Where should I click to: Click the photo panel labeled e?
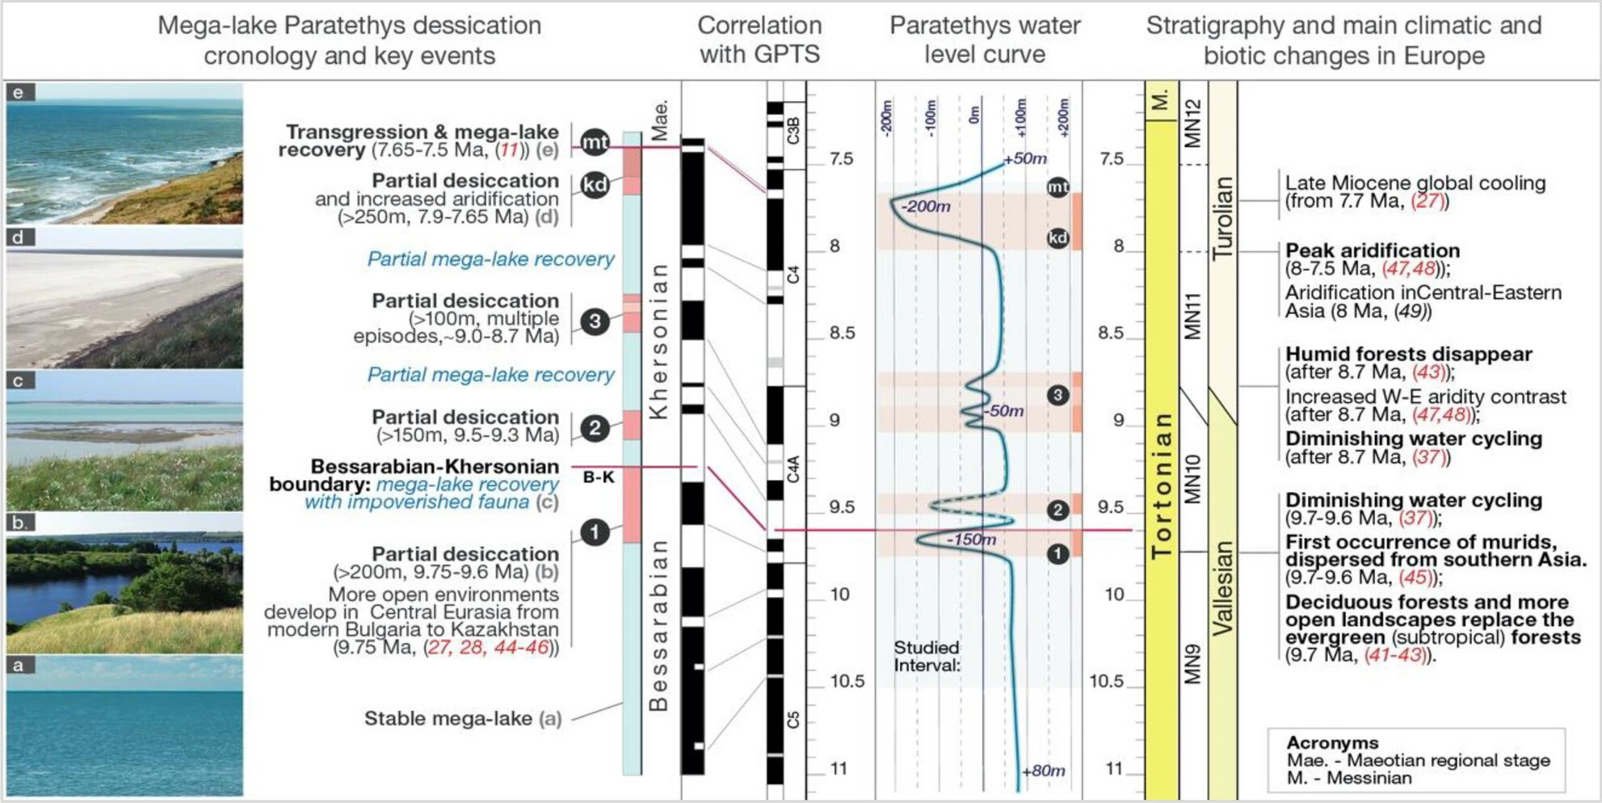[x=124, y=153]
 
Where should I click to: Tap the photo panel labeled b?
[x=124, y=582]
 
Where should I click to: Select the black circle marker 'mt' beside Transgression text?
[x=595, y=142]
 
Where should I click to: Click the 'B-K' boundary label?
[x=599, y=477]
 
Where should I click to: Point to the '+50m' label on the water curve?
[x=1025, y=158]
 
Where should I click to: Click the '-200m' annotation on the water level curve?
[x=926, y=207]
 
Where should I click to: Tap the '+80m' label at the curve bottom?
[x=1043, y=771]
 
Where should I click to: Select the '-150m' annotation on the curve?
[x=971, y=540]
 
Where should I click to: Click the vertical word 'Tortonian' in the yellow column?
[x=1162, y=485]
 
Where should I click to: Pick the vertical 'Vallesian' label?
[x=1222, y=588]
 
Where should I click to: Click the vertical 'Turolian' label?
[x=1222, y=217]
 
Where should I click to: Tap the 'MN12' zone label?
[x=1193, y=123]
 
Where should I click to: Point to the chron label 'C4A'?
[x=793, y=469]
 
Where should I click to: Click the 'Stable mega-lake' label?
[x=448, y=718]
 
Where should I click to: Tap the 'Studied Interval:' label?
[x=927, y=657]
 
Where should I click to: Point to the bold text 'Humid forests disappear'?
[x=1409, y=354]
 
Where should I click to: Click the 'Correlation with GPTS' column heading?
[x=759, y=40]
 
